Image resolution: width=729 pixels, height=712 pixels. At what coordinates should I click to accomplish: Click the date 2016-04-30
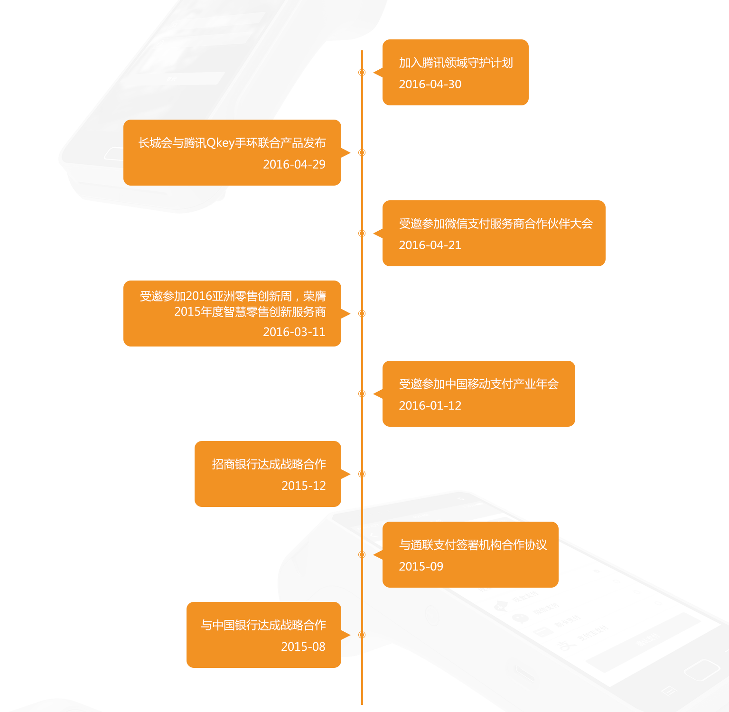pyautogui.click(x=430, y=84)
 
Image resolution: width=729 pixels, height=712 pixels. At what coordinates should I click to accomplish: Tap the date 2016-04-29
pyautogui.click(x=294, y=165)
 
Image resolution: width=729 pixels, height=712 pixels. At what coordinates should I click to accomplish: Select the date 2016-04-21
pyautogui.click(x=430, y=245)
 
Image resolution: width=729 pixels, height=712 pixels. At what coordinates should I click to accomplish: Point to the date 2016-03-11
pyautogui.click(x=294, y=332)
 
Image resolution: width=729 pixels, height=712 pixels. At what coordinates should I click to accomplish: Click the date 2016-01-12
pyautogui.click(x=430, y=406)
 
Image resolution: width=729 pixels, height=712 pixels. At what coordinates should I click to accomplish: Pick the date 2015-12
pyautogui.click(x=304, y=486)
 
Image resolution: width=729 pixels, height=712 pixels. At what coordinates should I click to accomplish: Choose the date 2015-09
pyautogui.click(x=421, y=567)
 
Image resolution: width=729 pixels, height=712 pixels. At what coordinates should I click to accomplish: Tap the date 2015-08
pyautogui.click(x=303, y=647)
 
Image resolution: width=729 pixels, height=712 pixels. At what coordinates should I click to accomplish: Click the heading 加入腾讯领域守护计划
pyautogui.click(x=456, y=63)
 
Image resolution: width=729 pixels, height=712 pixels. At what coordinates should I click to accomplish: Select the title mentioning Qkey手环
pyautogui.click(x=232, y=143)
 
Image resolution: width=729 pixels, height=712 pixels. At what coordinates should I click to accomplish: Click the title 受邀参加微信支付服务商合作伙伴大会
pyautogui.click(x=496, y=224)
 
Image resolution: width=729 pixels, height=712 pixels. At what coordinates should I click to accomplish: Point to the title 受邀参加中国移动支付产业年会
pyautogui.click(x=478, y=384)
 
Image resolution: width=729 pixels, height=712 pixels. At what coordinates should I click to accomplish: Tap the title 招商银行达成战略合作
pyautogui.click(x=269, y=465)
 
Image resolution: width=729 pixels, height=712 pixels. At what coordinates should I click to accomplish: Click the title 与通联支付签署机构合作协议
pyautogui.click(x=473, y=545)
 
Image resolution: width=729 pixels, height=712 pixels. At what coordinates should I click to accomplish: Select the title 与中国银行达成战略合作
pyautogui.click(x=263, y=626)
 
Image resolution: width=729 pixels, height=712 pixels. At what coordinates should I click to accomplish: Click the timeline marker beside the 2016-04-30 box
pyautogui.click(x=362, y=72)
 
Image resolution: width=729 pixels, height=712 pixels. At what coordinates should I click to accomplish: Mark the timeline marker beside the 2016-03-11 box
pyautogui.click(x=362, y=313)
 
